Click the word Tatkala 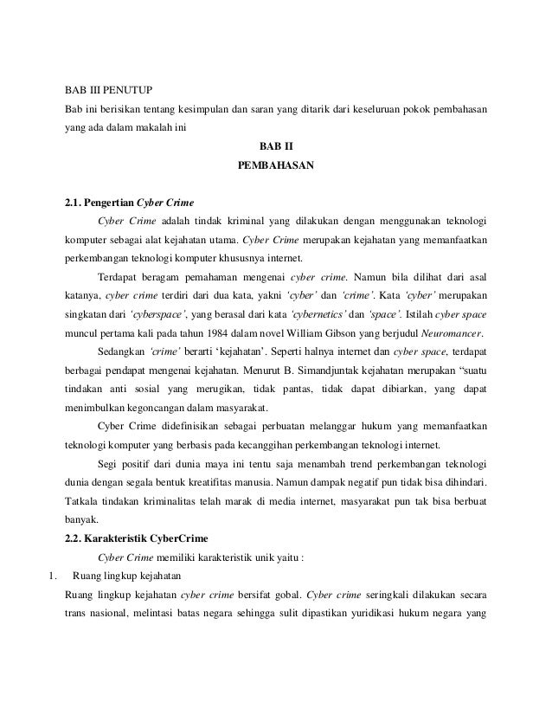click(84, 501)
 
